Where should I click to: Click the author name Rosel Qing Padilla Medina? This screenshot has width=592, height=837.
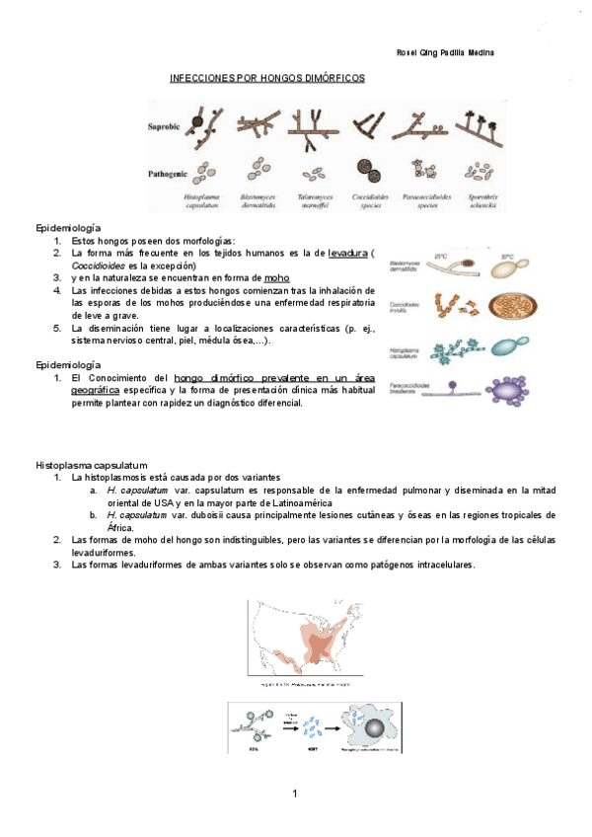(x=444, y=52)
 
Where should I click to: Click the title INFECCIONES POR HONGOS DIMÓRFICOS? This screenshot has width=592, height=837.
(x=267, y=77)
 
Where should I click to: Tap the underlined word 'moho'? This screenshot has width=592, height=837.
(x=276, y=278)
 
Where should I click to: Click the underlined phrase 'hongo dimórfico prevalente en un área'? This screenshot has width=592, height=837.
(x=273, y=378)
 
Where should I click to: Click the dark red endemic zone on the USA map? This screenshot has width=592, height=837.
(x=323, y=647)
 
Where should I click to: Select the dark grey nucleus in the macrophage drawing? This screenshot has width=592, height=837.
(x=374, y=730)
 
